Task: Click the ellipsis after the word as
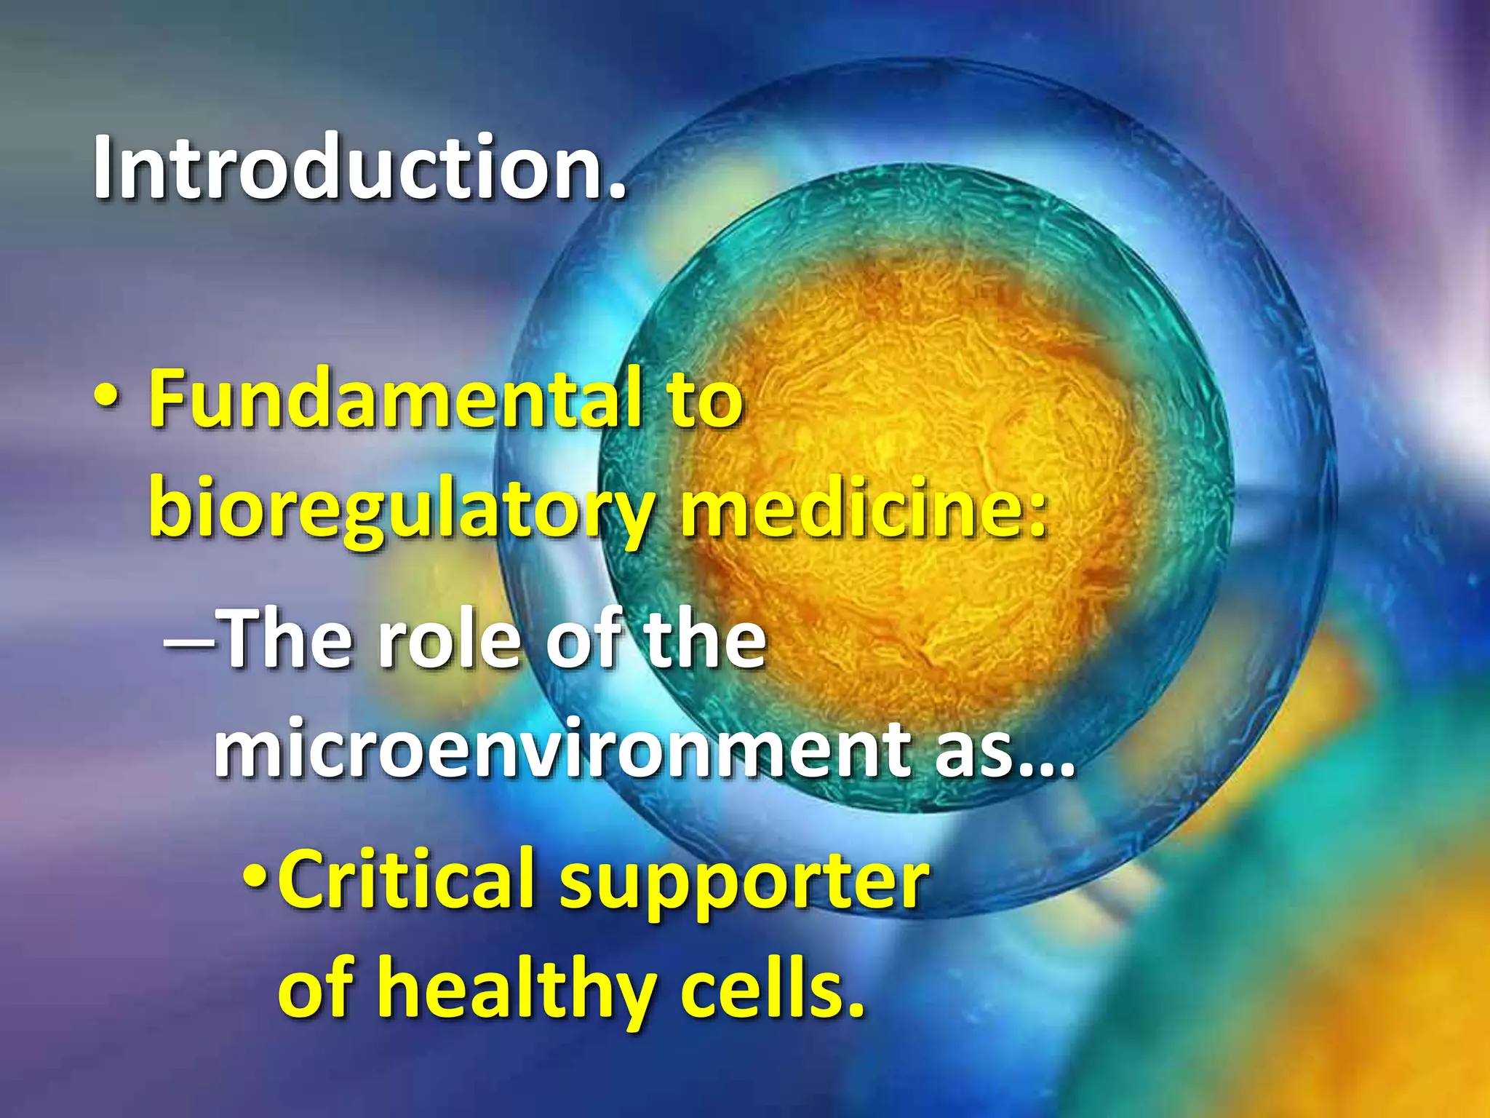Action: pyautogui.click(x=1045, y=769)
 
